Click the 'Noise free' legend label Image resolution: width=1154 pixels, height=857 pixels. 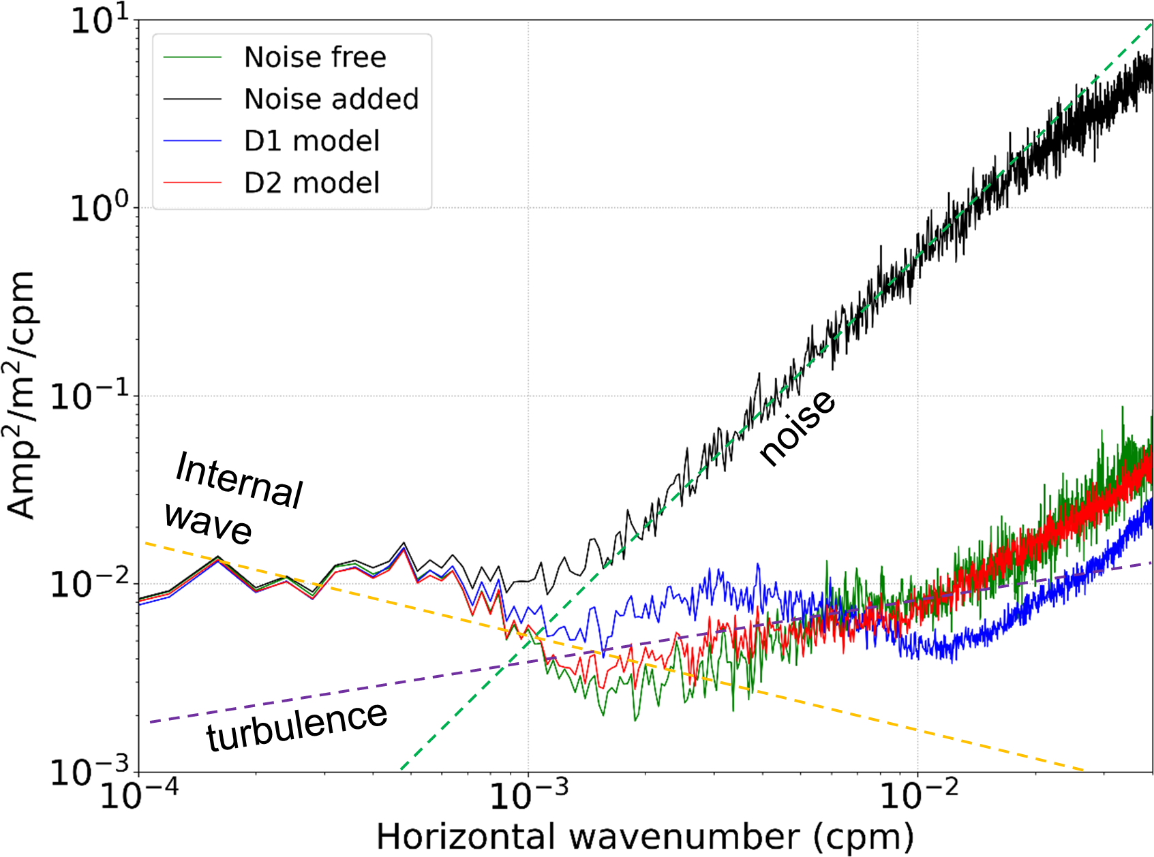[315, 57]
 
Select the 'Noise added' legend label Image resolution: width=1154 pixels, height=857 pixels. [331, 99]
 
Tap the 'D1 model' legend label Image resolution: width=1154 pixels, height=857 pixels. [312, 141]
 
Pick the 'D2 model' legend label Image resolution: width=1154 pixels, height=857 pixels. [312, 183]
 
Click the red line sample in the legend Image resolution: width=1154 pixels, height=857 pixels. [193, 183]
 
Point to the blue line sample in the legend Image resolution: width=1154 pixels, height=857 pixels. [193, 141]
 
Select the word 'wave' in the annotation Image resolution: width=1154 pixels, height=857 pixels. [208, 523]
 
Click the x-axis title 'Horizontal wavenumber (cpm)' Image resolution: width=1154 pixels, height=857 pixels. [645, 837]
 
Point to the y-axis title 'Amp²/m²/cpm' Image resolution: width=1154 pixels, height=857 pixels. [20, 395]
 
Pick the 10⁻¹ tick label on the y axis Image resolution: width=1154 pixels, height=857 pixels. [89, 395]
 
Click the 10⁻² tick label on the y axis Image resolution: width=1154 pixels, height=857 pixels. [89, 583]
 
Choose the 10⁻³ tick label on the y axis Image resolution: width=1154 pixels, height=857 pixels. [89, 771]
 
